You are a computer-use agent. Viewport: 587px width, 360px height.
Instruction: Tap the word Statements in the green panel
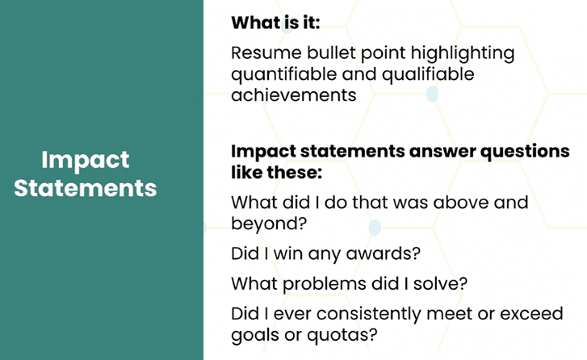coord(86,188)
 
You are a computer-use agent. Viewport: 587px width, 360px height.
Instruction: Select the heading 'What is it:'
coord(275,23)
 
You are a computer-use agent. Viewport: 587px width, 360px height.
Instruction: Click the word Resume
coord(266,52)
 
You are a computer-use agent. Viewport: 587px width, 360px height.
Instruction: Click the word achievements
coord(294,94)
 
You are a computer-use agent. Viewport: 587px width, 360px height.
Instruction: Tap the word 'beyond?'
coord(269,224)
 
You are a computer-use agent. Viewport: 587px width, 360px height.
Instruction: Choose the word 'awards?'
coord(384,253)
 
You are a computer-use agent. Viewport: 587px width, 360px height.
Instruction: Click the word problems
coord(325,284)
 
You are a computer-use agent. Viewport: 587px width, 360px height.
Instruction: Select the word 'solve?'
coord(440,283)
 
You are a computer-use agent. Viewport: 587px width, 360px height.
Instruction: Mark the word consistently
coord(369,314)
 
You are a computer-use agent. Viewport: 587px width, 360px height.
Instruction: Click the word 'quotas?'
coord(342,335)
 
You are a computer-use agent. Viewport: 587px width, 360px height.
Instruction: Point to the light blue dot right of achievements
coord(433,94)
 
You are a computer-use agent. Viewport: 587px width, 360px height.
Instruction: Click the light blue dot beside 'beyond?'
coord(375,228)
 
